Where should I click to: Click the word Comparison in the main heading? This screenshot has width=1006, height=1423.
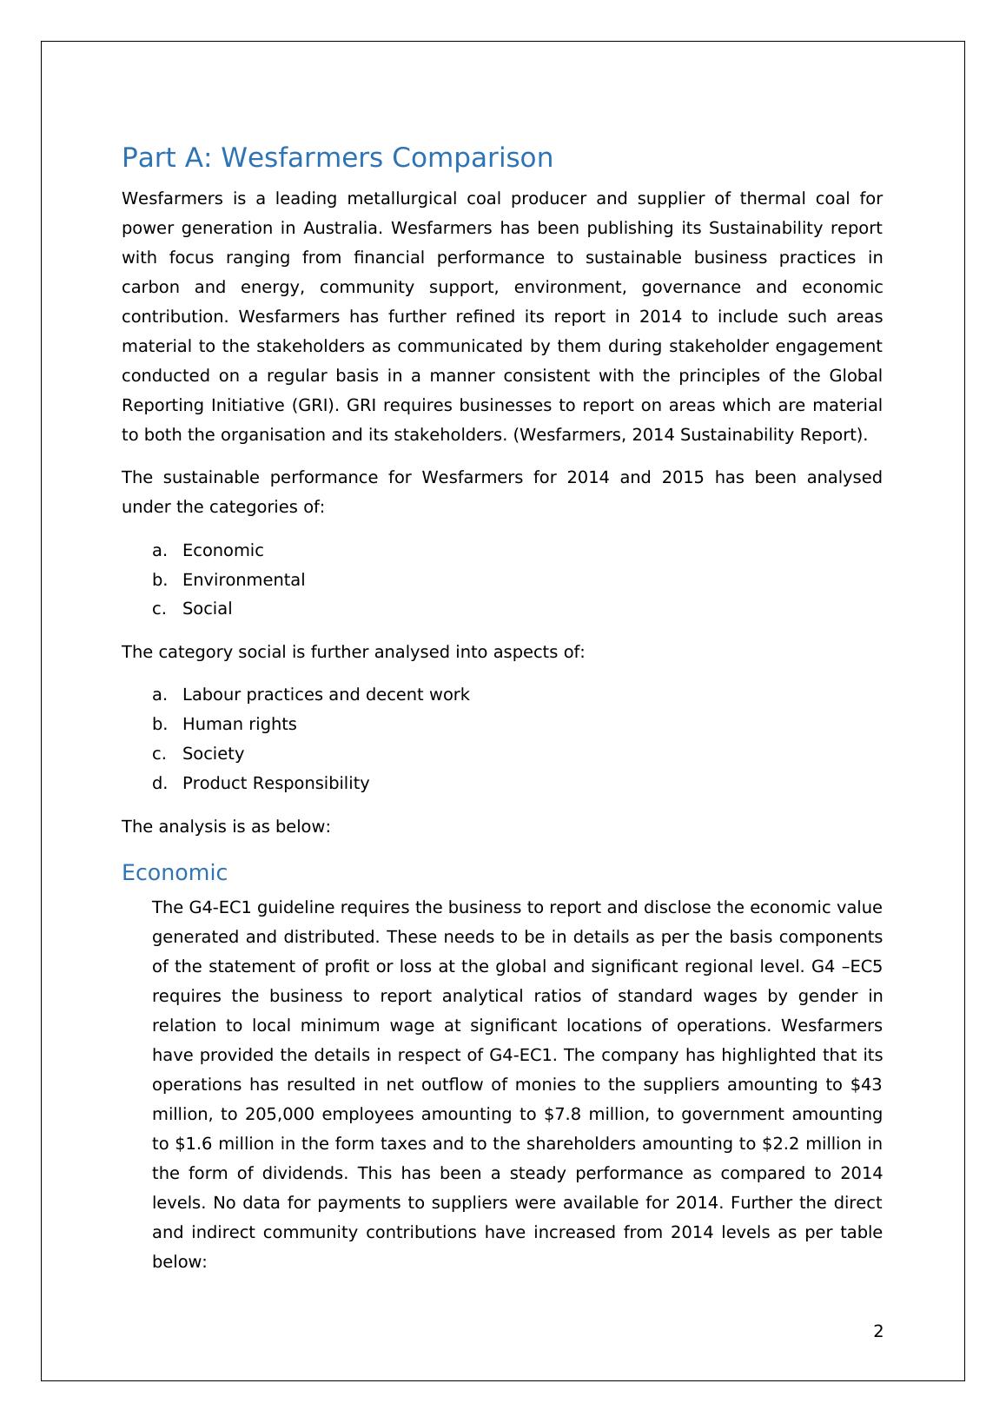click(x=473, y=158)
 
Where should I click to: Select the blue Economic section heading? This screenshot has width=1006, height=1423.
click(x=174, y=873)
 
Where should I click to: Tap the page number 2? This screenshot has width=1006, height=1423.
click(x=877, y=1331)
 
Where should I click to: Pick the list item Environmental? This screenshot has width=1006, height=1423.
click(x=243, y=579)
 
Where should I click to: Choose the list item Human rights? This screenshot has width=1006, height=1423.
click(x=239, y=724)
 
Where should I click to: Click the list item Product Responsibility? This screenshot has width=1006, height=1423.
click(x=275, y=783)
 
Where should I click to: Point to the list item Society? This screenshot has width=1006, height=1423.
click(x=213, y=753)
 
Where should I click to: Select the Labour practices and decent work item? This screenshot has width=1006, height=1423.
click(x=326, y=694)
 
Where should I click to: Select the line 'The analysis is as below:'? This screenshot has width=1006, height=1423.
click(x=226, y=826)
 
